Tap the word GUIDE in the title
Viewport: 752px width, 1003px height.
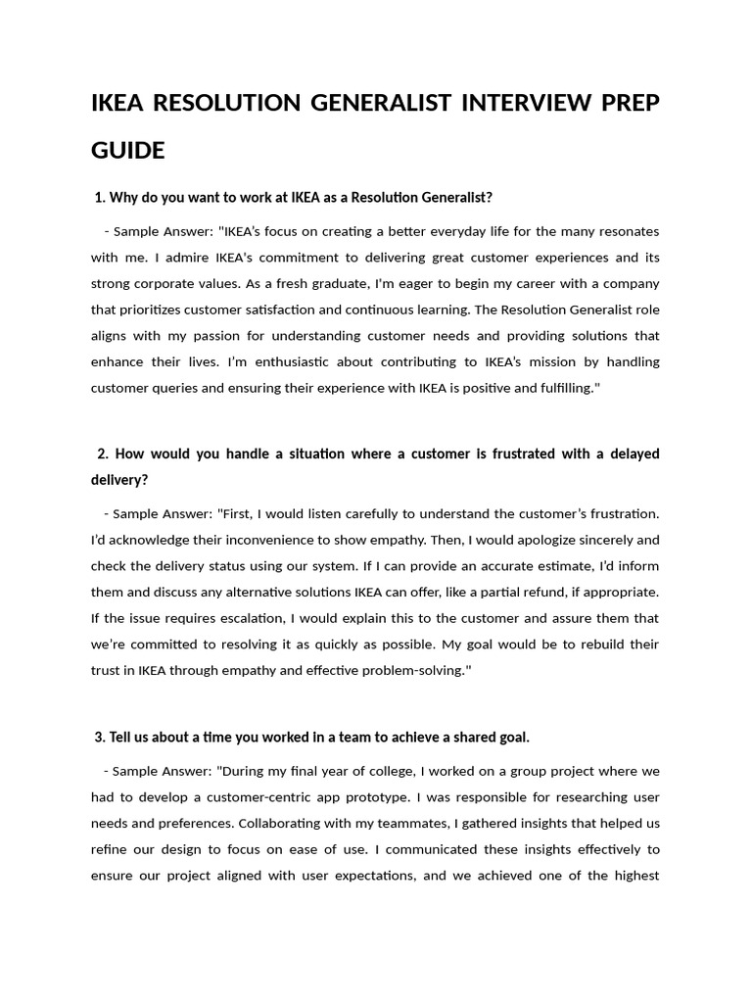tap(128, 151)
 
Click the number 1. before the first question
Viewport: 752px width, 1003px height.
tap(100, 198)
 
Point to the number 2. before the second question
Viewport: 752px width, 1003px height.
tap(103, 454)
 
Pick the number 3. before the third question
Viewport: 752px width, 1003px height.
tap(100, 737)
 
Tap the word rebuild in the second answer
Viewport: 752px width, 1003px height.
tap(599, 644)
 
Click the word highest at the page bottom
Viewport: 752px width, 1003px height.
tap(634, 875)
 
